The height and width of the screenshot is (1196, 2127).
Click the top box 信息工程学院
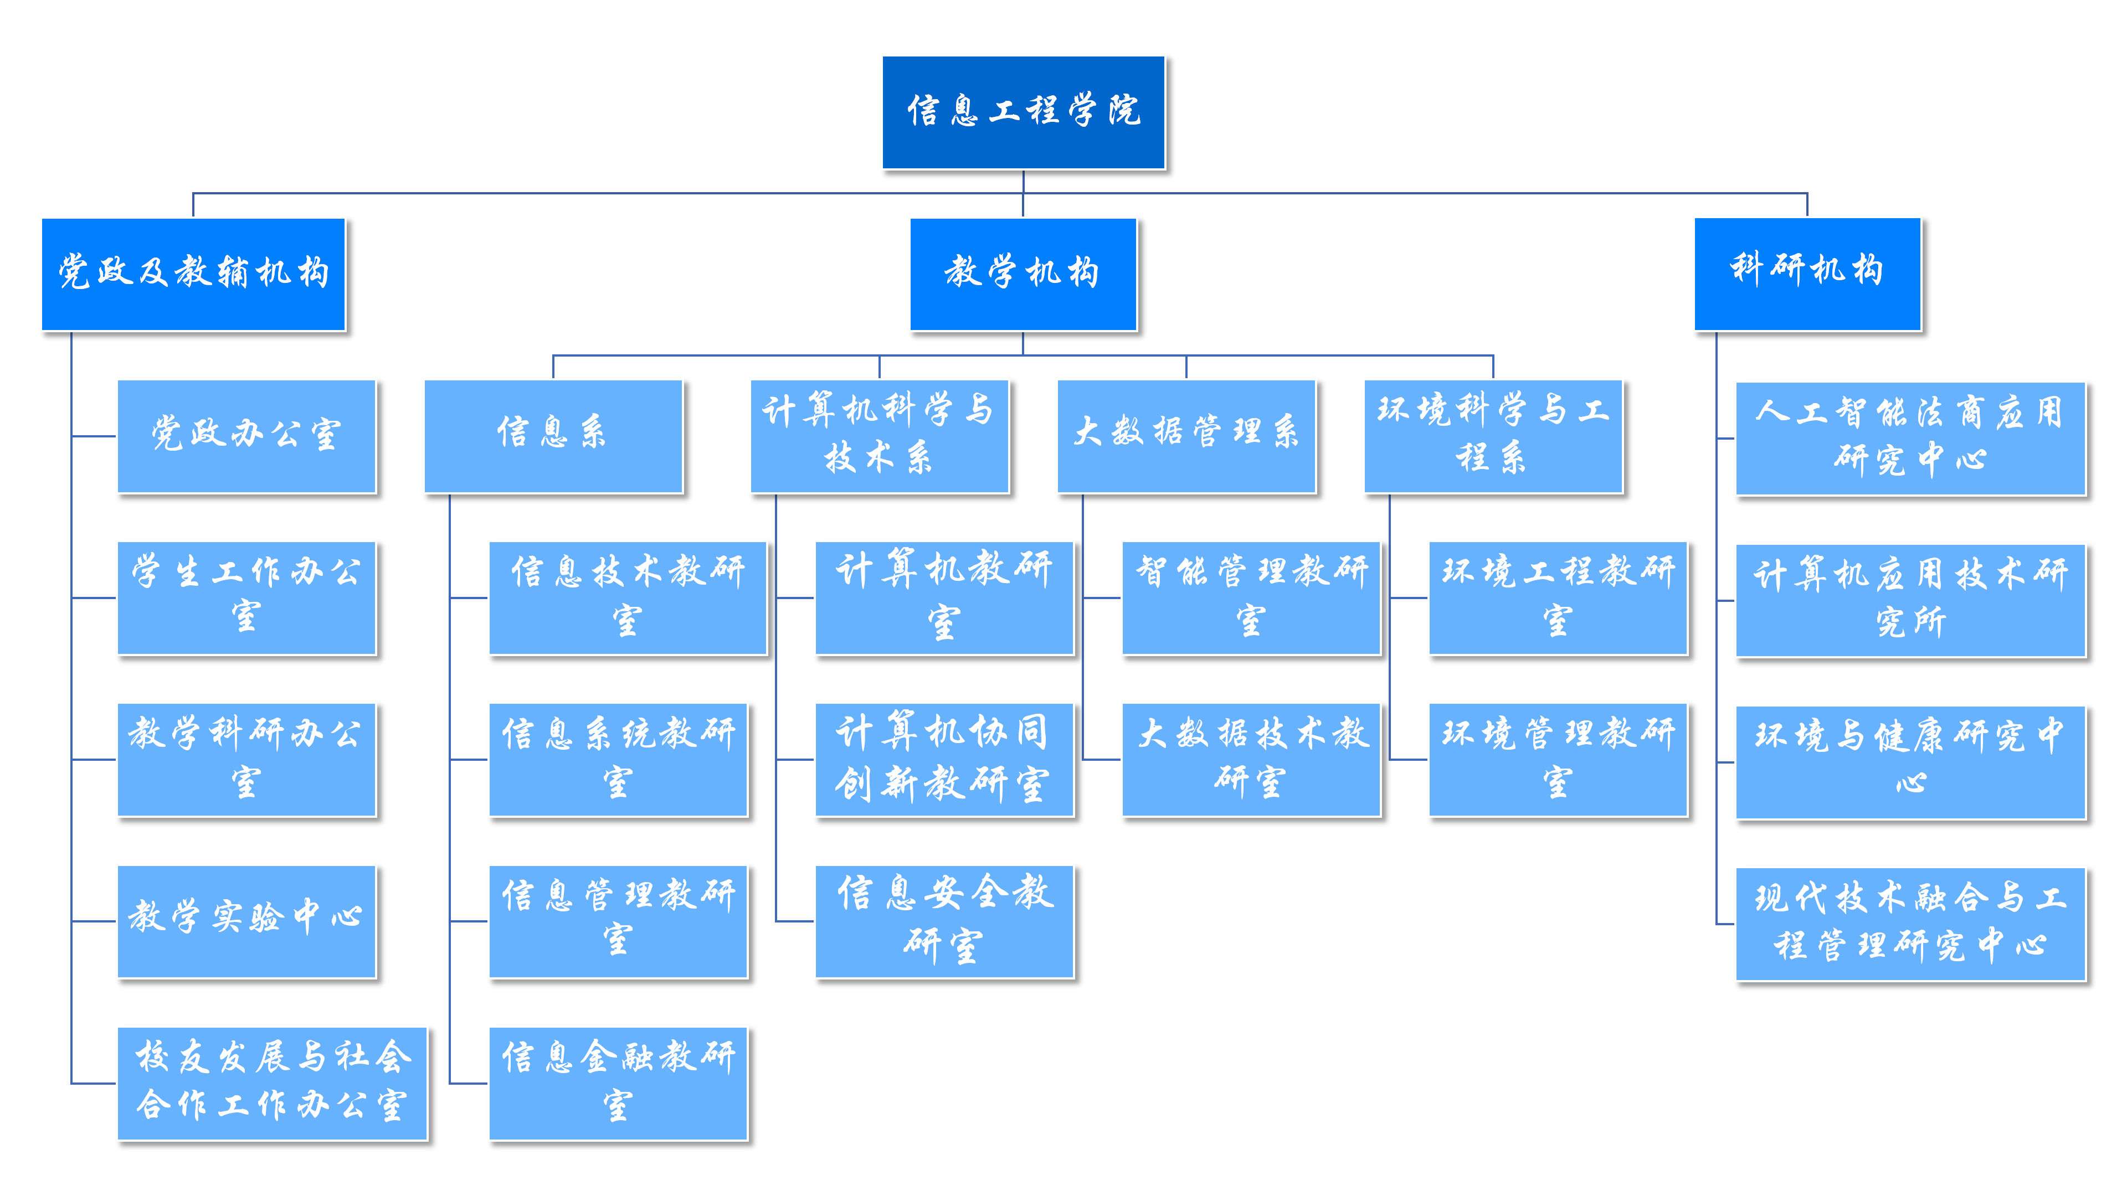1023,112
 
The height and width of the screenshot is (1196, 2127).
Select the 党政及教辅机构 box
193,274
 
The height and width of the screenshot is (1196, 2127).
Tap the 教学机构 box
1023,274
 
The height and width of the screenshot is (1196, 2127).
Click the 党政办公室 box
246,436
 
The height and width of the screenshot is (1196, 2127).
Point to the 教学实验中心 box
246,921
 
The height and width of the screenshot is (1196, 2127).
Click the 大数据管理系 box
1186,436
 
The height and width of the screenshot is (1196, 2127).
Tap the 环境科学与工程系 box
1493,436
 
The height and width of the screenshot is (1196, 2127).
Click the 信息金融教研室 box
618,1083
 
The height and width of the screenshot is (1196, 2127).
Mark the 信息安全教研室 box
944,921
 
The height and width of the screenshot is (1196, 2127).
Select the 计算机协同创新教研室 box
944,759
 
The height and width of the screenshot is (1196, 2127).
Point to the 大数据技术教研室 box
1251,759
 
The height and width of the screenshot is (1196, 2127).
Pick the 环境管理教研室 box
1558,759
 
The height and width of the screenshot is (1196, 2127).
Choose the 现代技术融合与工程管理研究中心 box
1910,924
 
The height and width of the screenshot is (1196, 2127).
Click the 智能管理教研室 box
1251,597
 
